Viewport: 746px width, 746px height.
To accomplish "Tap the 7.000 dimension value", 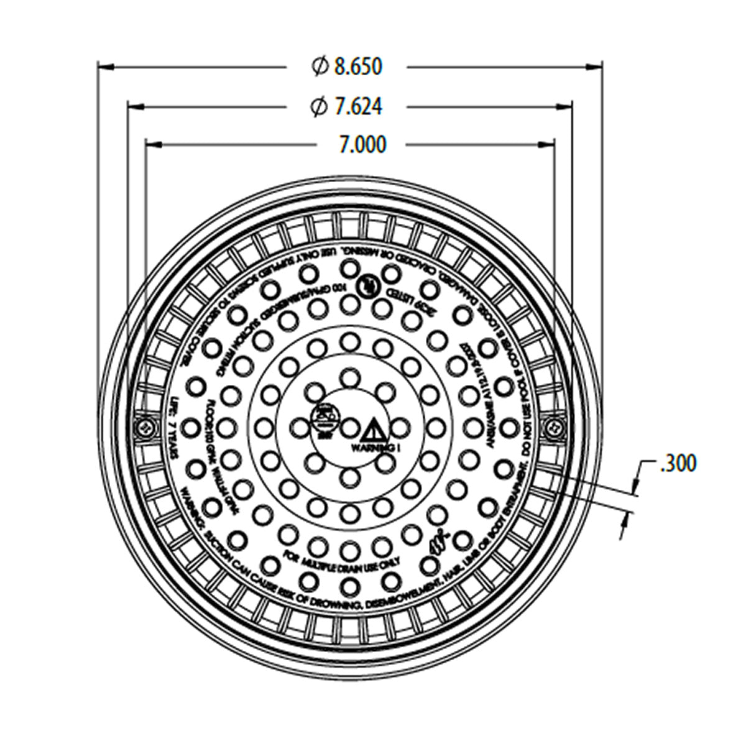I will click(362, 145).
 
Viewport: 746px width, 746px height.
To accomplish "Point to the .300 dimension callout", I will click(678, 464).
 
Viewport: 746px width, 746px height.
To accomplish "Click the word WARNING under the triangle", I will click(371, 447).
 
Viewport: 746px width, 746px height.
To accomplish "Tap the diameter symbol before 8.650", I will click(319, 66).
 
